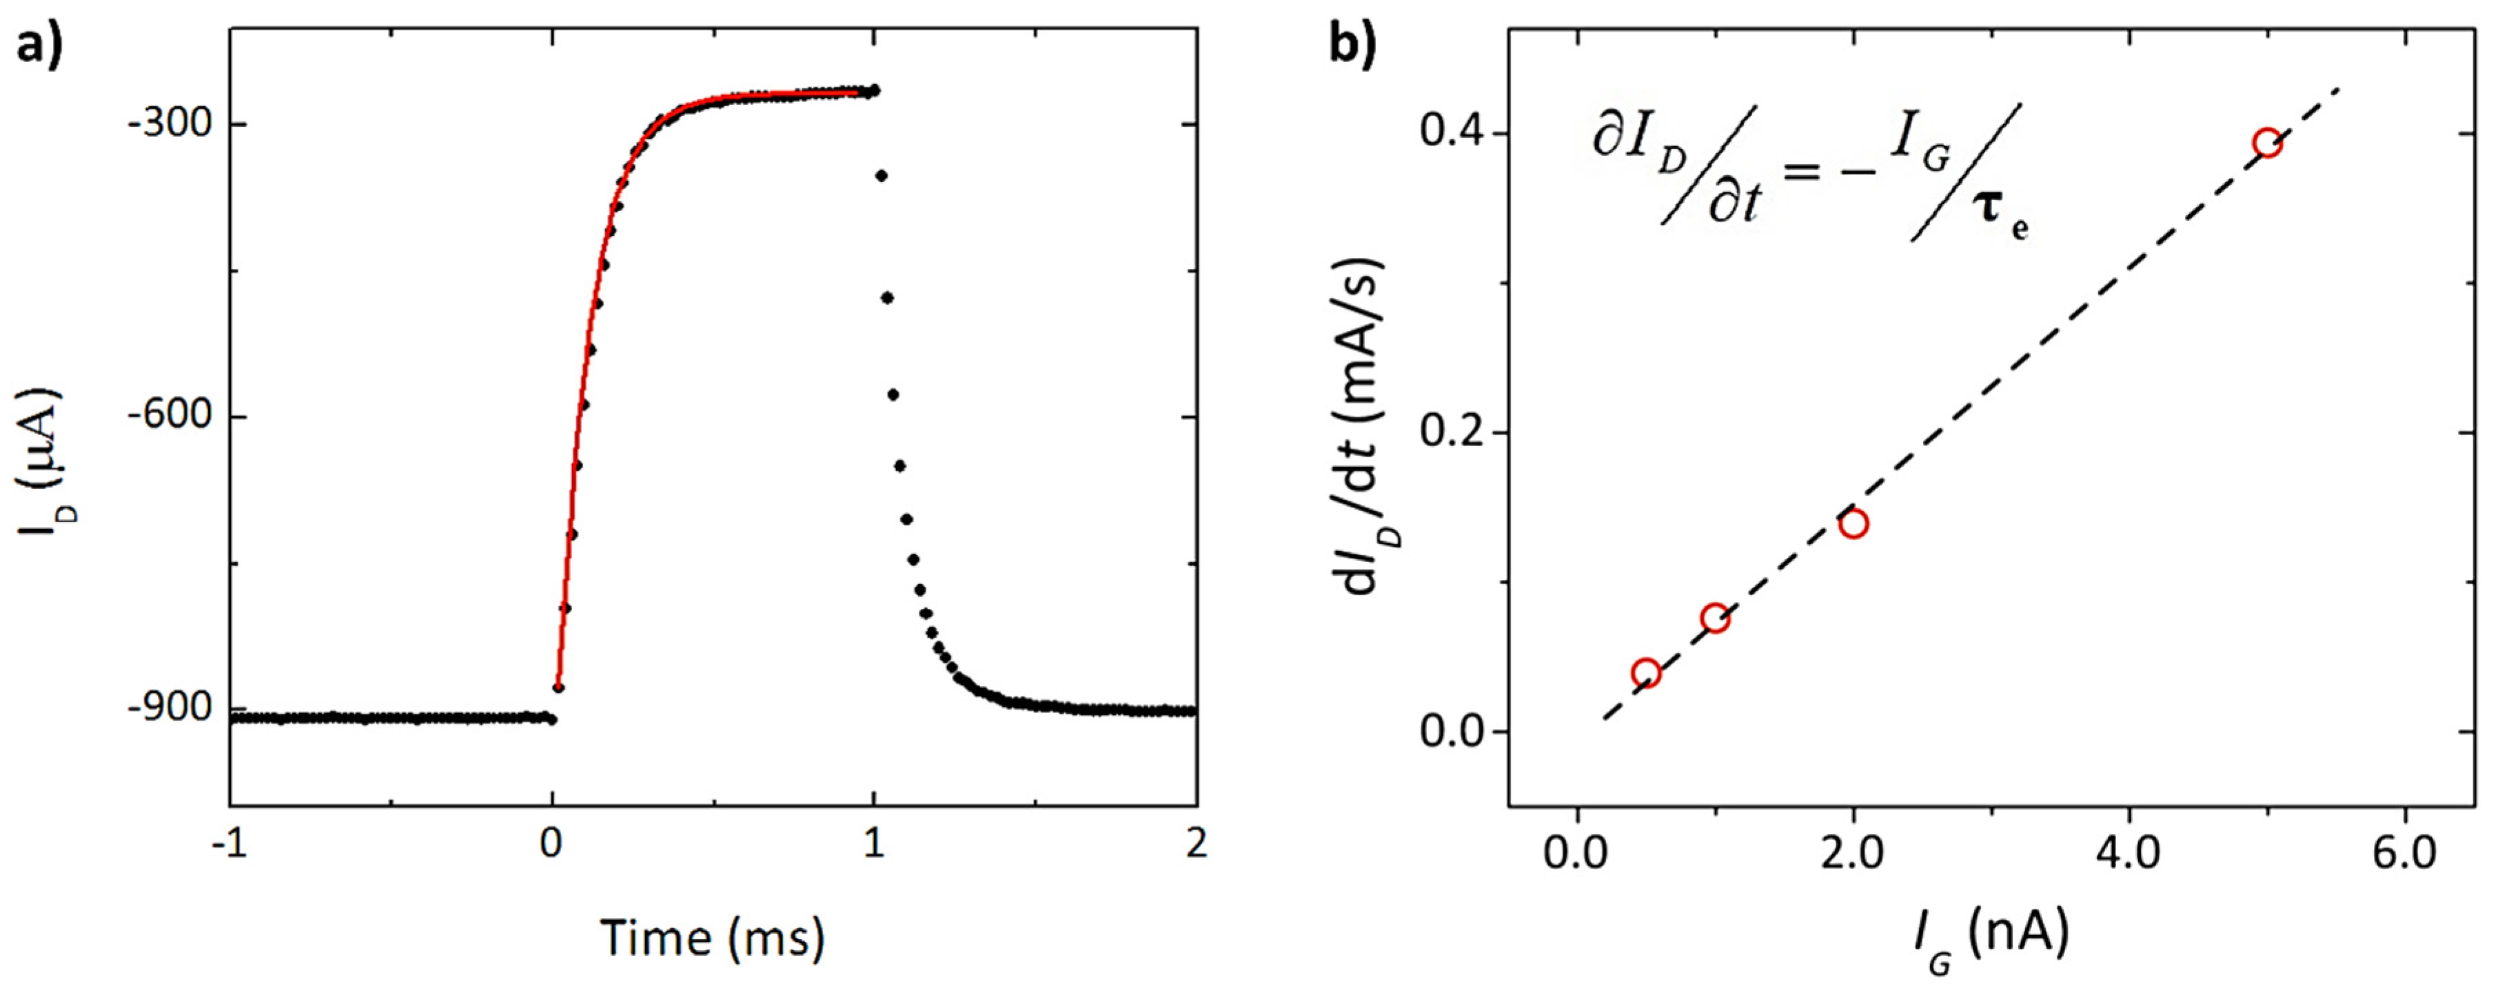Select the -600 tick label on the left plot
tap(170, 415)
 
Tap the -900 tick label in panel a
tap(170, 708)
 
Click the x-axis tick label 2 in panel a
tap(1197, 843)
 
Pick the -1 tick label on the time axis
tap(229, 843)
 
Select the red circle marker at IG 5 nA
tap(2267, 143)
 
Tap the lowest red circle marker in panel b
tap(1645, 673)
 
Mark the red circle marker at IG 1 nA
tap(1714, 618)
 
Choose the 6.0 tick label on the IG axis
tap(2405, 854)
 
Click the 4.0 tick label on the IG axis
tap(2129, 854)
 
